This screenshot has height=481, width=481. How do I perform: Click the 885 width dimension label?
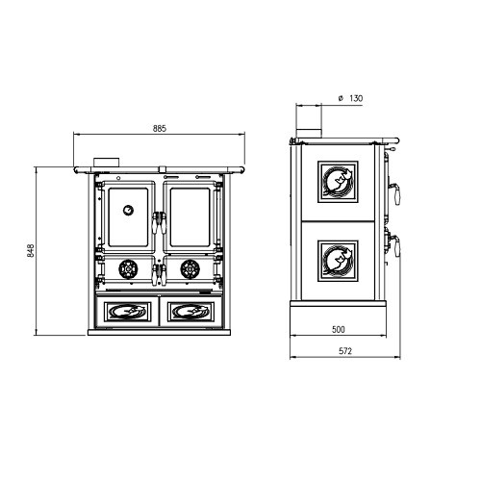pos(160,129)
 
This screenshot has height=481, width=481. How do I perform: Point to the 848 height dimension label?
pos(31,251)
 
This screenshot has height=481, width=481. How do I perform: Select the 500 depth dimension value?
pos(338,329)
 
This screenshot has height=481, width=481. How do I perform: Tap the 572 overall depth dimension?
pos(345,351)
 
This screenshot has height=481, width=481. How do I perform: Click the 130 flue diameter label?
pos(356,98)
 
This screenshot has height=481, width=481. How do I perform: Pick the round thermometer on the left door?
pos(128,211)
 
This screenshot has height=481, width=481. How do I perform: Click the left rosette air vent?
pos(128,269)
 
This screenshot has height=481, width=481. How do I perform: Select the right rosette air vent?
pos(190,269)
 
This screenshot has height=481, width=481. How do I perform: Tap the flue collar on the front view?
pos(107,163)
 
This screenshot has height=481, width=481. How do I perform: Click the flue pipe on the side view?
pos(309,134)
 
